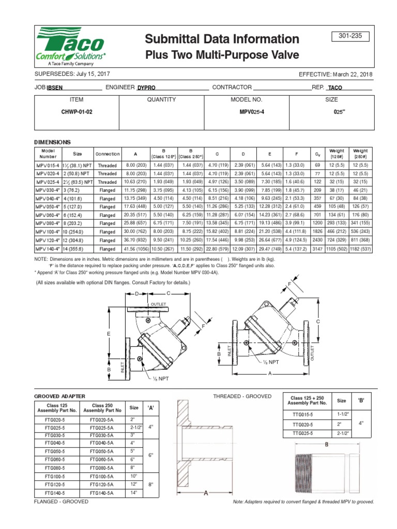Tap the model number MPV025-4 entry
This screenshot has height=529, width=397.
[x=247, y=112]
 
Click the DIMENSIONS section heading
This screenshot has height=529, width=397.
[x=52, y=142]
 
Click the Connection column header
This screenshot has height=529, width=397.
[x=108, y=154]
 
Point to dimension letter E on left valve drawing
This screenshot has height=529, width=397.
[x=109, y=335]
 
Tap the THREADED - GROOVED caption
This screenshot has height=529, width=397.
[x=242, y=396]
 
